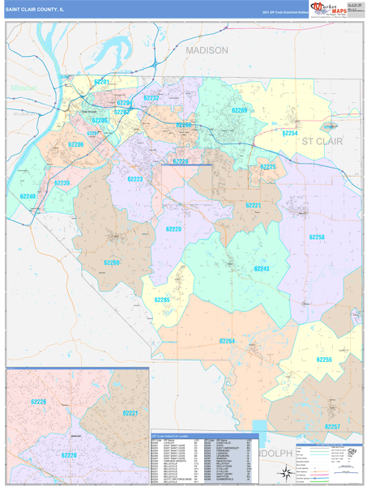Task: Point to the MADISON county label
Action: [207, 50]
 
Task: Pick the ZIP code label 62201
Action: [101, 83]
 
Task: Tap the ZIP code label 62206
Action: [75, 145]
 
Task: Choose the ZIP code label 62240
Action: [28, 197]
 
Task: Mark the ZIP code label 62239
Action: [62, 183]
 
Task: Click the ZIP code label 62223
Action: [134, 179]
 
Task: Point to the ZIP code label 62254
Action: [289, 133]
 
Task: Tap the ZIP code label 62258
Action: [317, 237]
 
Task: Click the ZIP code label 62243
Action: [261, 268]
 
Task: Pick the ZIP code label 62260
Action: [111, 263]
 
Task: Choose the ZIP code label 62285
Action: [162, 300]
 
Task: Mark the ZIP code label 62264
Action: [227, 341]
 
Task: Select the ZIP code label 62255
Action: [323, 359]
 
